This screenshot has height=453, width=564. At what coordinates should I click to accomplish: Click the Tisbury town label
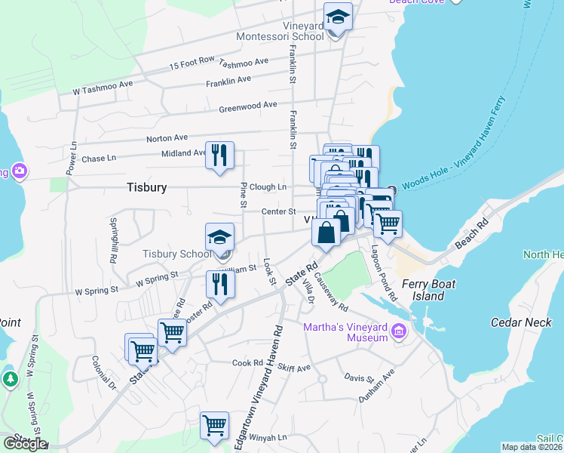point(146,186)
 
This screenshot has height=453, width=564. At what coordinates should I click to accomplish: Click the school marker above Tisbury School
point(219,238)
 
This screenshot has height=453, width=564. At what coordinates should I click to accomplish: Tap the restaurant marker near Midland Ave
point(219,156)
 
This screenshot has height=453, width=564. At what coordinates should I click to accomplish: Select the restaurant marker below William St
point(220,284)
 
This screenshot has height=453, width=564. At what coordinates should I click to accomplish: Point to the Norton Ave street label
point(167,138)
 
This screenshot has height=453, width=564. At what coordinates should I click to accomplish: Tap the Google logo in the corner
point(25,444)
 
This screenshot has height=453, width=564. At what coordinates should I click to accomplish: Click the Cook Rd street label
point(247,363)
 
